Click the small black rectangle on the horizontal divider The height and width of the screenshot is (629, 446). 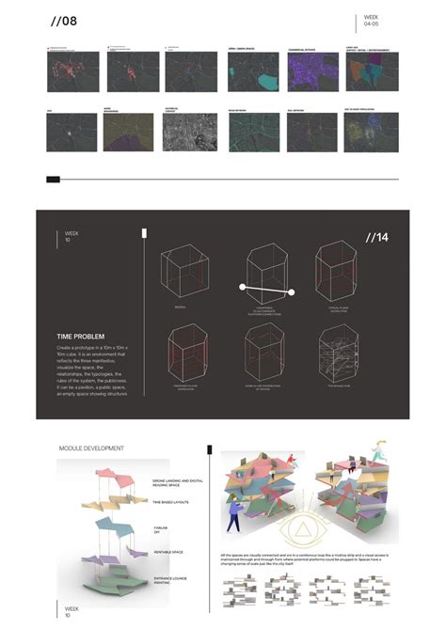(53, 179)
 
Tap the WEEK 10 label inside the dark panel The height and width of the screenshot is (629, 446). (72, 235)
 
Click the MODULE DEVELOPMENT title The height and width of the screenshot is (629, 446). (91, 448)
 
